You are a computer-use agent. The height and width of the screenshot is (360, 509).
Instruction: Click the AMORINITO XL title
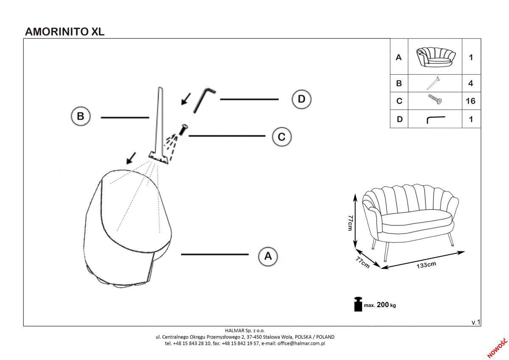click(x=65, y=31)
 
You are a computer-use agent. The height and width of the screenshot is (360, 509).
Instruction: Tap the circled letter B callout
click(x=81, y=116)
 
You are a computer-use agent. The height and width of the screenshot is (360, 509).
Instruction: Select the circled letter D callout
click(x=302, y=99)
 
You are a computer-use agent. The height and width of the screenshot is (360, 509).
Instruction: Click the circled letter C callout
click(x=281, y=137)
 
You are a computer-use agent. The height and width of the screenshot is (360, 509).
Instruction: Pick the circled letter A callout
click(x=268, y=256)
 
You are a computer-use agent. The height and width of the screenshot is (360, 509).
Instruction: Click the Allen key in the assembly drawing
click(x=204, y=100)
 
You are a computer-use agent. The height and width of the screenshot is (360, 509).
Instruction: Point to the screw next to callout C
click(x=184, y=129)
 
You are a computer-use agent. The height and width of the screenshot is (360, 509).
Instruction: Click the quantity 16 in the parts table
click(x=470, y=101)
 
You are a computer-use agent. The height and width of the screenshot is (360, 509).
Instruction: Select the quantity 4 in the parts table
click(x=470, y=83)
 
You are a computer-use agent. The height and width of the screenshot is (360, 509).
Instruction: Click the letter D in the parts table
click(x=399, y=119)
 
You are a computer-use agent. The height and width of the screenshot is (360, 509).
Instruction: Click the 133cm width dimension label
click(x=426, y=266)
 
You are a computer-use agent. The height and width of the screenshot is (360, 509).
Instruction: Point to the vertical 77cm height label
click(x=350, y=222)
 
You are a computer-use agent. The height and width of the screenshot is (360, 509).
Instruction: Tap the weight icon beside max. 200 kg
click(x=358, y=304)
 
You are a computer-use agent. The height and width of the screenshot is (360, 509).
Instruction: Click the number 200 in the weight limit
click(x=383, y=305)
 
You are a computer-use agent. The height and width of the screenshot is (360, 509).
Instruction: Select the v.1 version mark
click(x=476, y=322)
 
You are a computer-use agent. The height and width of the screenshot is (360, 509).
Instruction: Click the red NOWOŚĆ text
click(x=497, y=348)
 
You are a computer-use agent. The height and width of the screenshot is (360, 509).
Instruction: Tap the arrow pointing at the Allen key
click(x=185, y=98)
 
